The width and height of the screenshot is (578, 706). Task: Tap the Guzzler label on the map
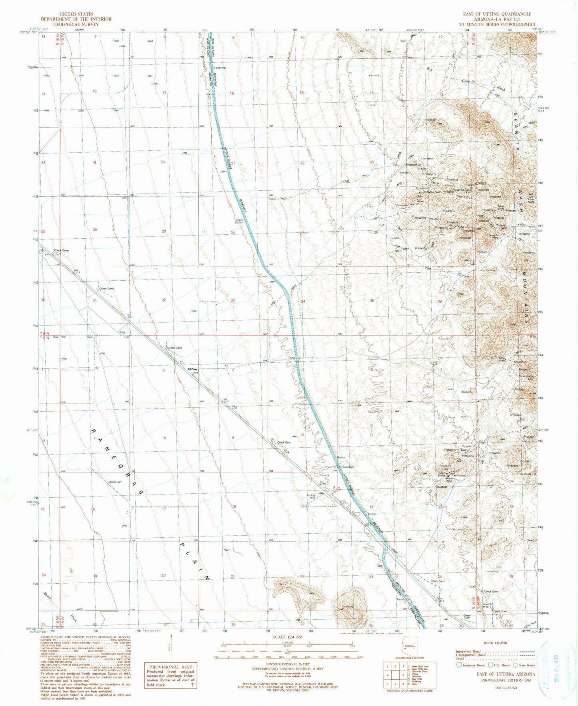tap(395, 238)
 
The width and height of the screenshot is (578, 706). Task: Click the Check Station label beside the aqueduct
tap(239, 221)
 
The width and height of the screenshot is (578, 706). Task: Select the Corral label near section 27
tap(273, 199)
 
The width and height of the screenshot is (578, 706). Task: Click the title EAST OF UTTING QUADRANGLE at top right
tap(497, 14)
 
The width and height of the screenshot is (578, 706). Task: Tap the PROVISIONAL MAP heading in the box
tap(171, 666)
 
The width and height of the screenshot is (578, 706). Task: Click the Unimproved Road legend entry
tap(468, 655)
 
